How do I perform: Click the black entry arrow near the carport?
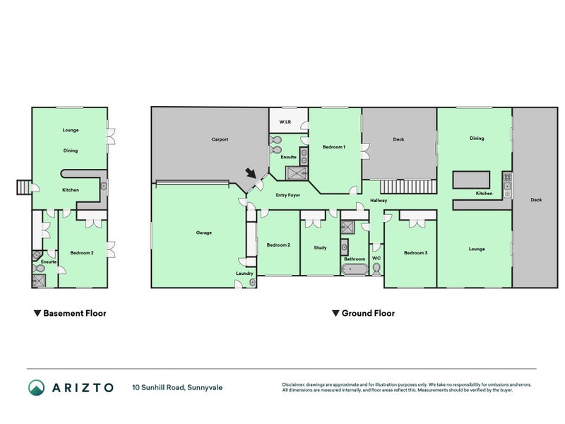[250, 172]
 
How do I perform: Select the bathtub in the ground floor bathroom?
[354, 270]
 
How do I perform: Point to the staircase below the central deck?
[406, 186]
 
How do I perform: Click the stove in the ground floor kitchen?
[506, 185]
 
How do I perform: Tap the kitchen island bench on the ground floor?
[472, 179]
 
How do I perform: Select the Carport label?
[220, 139]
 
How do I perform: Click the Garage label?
[204, 232]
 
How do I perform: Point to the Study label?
[320, 247]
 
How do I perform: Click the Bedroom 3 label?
[415, 252]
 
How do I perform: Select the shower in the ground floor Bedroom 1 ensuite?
[292, 171]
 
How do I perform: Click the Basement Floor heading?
[70, 313]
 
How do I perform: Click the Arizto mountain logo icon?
[36, 387]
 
